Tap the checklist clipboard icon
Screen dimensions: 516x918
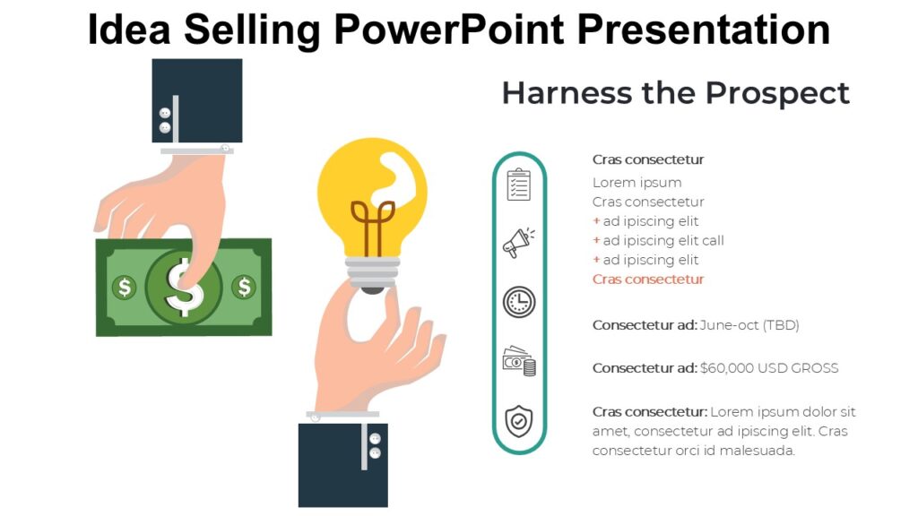[519, 185]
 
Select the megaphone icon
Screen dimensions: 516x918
[518, 243]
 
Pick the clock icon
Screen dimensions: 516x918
[519, 302]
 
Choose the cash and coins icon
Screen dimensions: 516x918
[519, 361]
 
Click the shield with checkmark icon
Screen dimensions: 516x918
[519, 420]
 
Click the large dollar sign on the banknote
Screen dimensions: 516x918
[184, 287]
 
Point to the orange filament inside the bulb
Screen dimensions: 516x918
[372, 225]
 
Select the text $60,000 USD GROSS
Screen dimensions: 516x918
[769, 368]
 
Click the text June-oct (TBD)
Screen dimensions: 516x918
[749, 325]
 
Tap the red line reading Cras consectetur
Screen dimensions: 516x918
[648, 279]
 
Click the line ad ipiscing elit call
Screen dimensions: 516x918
[663, 240]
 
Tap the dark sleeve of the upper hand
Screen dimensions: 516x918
[197, 99]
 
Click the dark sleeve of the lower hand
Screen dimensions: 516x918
[343, 465]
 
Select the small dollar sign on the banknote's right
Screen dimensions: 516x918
[244, 287]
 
